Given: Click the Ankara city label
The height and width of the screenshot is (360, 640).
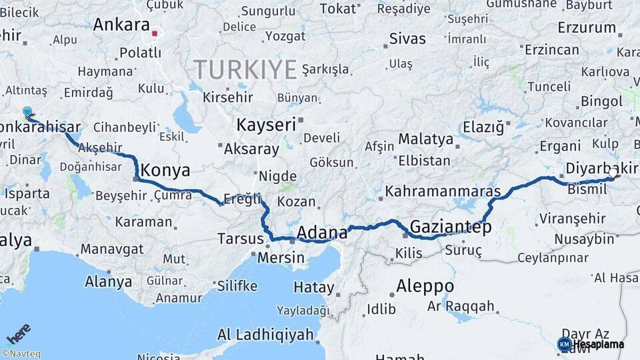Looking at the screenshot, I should point(121,25).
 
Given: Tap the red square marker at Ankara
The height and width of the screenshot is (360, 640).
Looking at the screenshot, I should point(155,33).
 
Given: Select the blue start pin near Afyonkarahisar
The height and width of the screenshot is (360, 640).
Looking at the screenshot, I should point(27,113).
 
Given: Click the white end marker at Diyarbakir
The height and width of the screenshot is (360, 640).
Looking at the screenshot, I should point(613,173).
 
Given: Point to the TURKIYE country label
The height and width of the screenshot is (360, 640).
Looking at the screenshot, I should point(245,69).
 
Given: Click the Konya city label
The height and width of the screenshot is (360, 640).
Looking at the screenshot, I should point(166,170).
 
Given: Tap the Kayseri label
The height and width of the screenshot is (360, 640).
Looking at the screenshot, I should point(266,125).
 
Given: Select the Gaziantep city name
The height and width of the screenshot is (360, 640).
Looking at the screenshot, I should point(451,227).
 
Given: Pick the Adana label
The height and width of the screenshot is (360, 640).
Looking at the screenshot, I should point(322,233).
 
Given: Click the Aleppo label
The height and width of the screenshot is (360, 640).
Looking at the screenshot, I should point(425,287).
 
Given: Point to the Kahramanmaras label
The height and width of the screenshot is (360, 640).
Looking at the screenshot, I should point(443,191).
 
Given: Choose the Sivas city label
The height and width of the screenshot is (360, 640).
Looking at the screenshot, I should point(407,38).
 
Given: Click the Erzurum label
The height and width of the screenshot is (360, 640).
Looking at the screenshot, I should point(587,28).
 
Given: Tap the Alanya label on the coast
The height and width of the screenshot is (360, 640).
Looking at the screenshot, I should point(109,281).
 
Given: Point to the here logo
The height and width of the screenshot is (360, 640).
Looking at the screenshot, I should point(18,333).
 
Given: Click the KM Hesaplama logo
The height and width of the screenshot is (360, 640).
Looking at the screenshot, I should point(591,344).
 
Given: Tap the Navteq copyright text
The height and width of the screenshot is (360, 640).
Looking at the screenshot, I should point(21,354).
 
